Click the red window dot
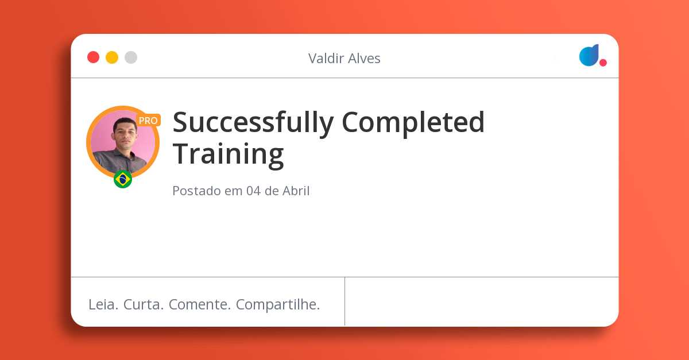pos(93,57)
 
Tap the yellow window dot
pos(112,57)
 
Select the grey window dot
pos(131,57)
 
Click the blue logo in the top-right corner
pos(589,55)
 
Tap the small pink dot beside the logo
pos(603,63)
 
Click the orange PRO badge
pos(148,121)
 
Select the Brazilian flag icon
pos(123,179)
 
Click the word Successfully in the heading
pos(253,123)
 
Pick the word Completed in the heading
pos(413,122)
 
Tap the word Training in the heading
pos(229,154)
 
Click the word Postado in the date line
pos(196,191)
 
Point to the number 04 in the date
pos(253,191)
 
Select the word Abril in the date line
pos(296,191)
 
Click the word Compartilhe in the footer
pos(278,305)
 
